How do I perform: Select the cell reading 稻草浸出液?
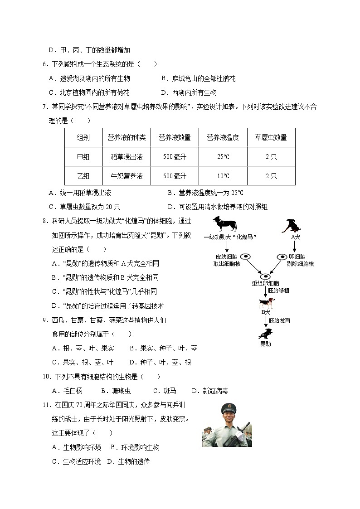(x=126, y=157)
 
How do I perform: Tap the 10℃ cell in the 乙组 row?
(x=223, y=176)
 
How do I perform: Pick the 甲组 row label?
(x=83, y=157)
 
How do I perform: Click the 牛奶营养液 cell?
(x=126, y=176)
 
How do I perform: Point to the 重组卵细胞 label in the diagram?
(x=265, y=283)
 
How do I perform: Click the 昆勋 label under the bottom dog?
(x=265, y=344)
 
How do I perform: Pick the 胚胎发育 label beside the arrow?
(x=279, y=320)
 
